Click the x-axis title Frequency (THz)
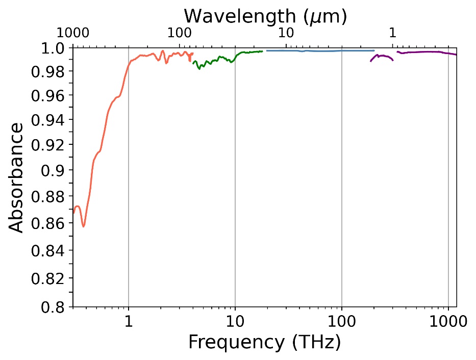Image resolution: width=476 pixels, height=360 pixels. (264, 342)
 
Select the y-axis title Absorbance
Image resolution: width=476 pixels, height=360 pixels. (17, 177)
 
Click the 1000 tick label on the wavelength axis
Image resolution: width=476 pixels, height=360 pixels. (73, 34)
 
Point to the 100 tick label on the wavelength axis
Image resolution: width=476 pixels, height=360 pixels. (180, 34)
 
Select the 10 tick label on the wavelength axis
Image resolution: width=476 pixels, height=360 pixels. (286, 34)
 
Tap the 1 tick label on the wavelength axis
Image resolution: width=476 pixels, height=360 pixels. (392, 34)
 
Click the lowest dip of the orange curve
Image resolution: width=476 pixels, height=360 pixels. (83, 226)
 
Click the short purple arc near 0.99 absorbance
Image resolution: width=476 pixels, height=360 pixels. (382, 57)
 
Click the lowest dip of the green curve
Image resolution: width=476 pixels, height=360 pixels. (199, 68)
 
